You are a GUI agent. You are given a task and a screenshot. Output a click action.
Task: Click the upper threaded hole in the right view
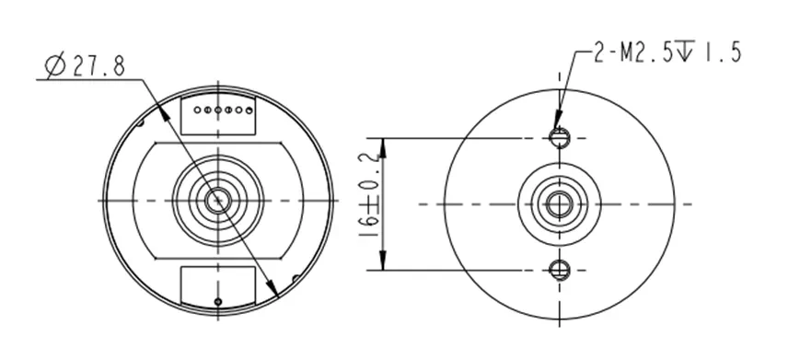(558, 138)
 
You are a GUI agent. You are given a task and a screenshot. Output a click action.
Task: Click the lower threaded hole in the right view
(558, 270)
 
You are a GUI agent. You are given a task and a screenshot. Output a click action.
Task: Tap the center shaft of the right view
(558, 203)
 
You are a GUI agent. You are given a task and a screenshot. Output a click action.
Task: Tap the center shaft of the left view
(217, 201)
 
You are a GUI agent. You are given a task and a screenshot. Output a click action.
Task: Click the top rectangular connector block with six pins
(217, 113)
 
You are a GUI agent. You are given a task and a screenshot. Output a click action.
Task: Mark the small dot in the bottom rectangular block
(217, 301)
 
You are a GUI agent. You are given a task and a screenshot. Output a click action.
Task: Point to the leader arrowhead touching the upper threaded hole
(555, 129)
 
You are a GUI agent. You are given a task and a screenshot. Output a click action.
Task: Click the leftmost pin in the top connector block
(197, 110)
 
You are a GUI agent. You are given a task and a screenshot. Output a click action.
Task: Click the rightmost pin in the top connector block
(248, 110)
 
